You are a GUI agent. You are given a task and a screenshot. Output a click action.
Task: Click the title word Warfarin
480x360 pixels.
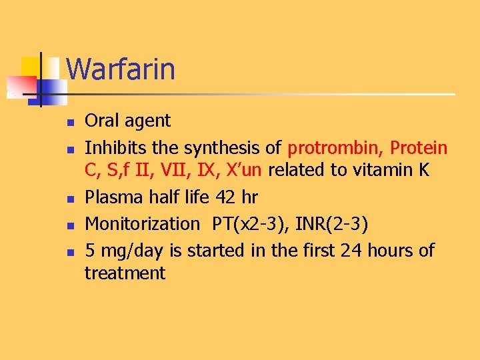(x=121, y=69)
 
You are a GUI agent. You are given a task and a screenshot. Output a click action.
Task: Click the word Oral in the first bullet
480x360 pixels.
(x=100, y=121)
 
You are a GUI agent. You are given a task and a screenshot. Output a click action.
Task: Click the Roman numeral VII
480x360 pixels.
(x=174, y=170)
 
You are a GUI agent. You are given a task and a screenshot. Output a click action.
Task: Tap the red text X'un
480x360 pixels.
(x=243, y=170)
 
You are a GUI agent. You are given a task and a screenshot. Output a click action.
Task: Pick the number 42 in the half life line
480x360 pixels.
(x=222, y=198)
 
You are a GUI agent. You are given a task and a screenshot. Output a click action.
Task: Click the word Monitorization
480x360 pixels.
(x=142, y=223)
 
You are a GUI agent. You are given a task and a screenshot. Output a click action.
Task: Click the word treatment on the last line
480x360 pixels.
(x=125, y=273)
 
